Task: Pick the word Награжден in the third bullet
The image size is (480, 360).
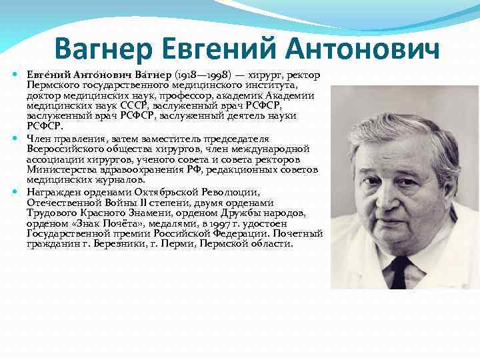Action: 51,191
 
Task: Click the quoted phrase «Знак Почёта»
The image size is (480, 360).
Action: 101,223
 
